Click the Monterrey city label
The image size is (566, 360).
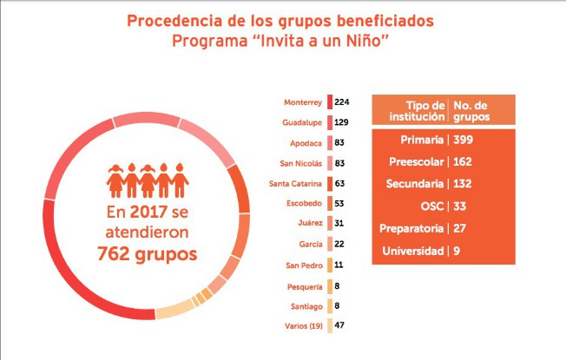[304, 102]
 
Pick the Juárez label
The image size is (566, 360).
[310, 224]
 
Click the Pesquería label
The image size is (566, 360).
[306, 285]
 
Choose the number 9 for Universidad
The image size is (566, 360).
[456, 252]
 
